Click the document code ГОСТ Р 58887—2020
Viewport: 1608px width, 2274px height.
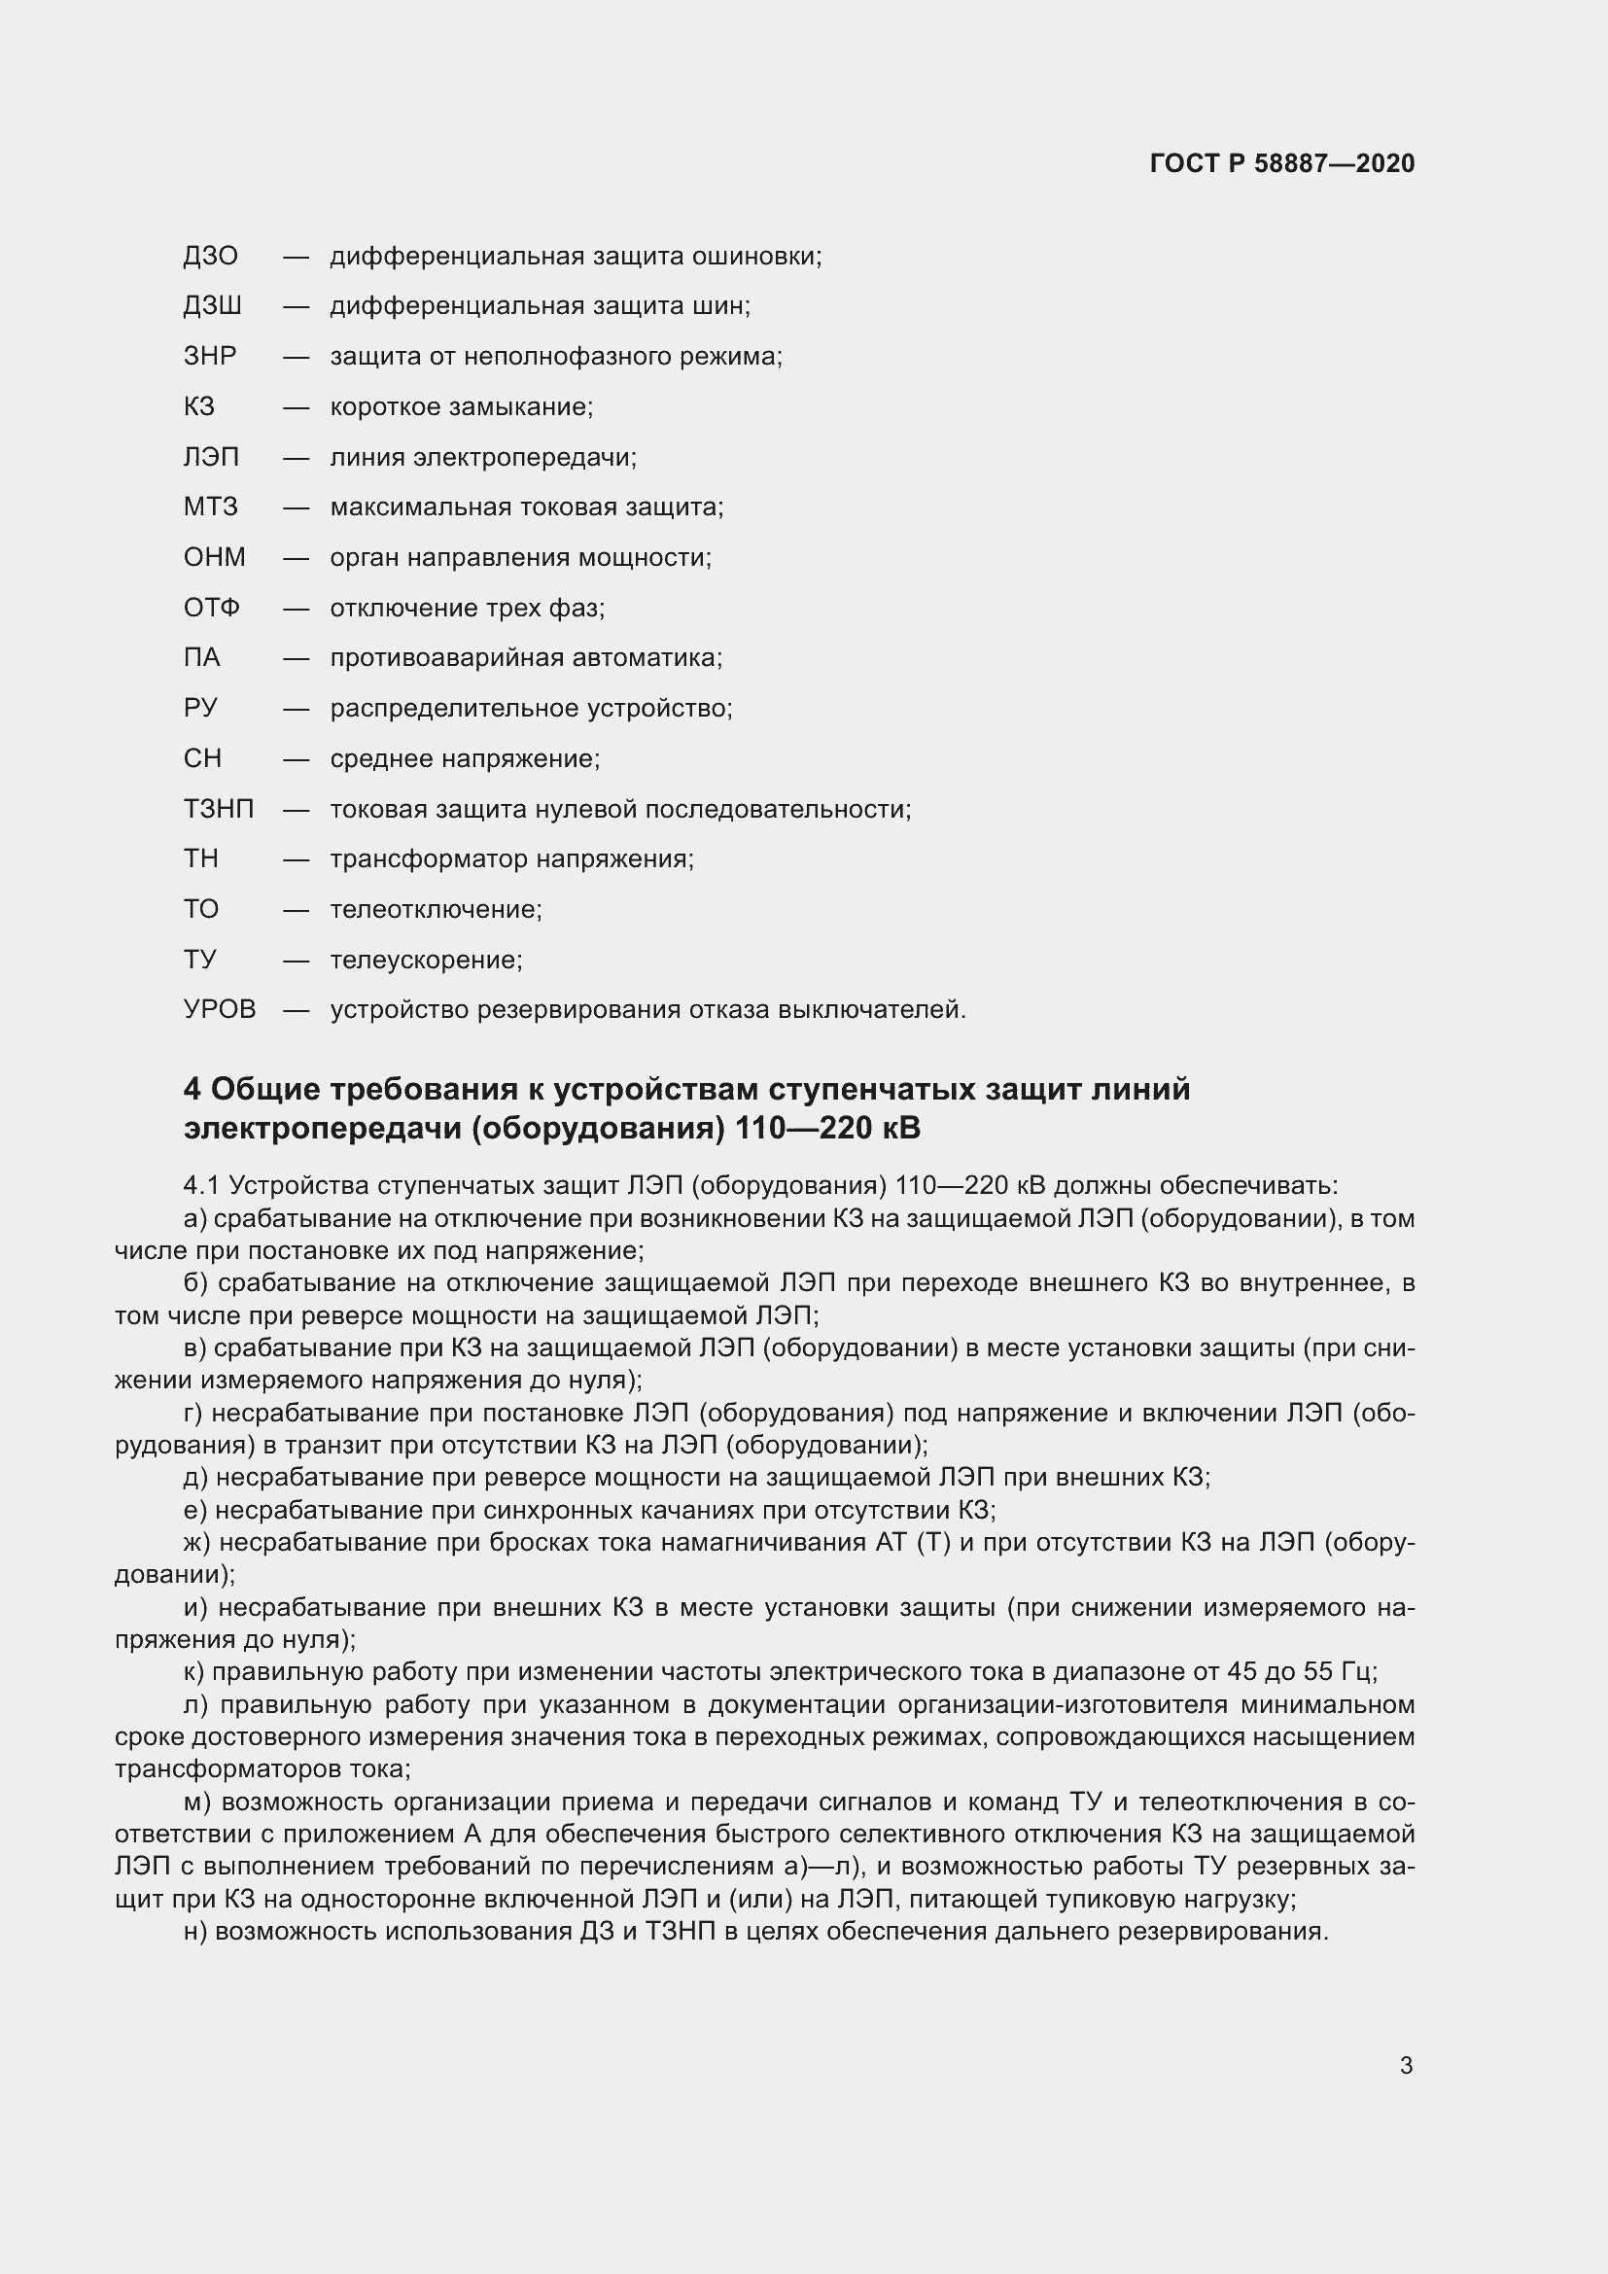(1282, 163)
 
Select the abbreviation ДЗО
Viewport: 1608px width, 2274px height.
(210, 257)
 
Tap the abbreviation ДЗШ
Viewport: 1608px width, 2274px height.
(212, 306)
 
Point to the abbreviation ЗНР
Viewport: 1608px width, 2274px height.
(210, 357)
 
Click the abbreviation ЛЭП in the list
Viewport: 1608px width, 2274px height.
(211, 458)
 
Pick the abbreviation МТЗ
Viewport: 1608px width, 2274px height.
(210, 507)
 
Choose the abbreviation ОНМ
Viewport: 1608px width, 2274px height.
(214, 558)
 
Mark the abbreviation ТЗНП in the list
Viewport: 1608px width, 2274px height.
(219, 809)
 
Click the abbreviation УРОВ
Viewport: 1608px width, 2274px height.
(220, 1010)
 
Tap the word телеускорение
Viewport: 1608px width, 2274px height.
(426, 960)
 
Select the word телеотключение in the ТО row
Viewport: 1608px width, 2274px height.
(436, 909)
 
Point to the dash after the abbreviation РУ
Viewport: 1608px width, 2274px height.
(297, 708)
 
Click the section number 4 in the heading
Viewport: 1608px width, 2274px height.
(192, 1090)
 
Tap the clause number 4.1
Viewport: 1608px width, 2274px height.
(202, 1185)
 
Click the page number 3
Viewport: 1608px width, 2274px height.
(1406, 2066)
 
